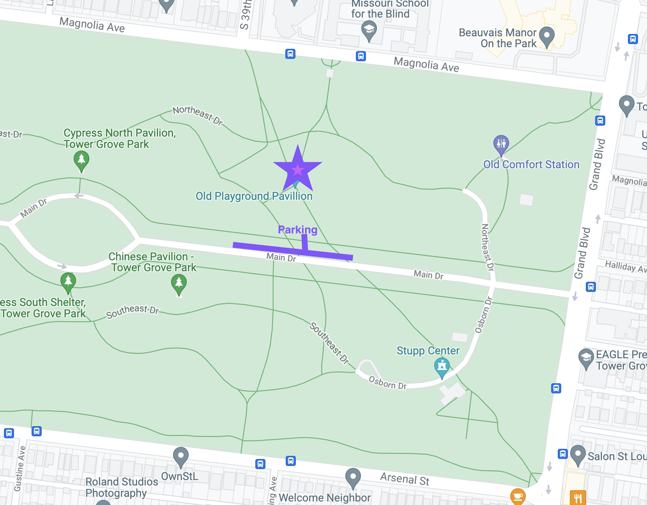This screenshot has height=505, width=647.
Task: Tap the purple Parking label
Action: coord(297,230)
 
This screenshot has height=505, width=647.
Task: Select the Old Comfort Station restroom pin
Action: coord(501,144)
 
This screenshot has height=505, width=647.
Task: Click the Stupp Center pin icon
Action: coord(442,366)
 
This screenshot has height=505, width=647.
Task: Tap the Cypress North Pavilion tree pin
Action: coord(81,160)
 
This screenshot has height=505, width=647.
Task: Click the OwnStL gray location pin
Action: coord(180,455)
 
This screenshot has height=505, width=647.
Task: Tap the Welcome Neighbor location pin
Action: coord(353,477)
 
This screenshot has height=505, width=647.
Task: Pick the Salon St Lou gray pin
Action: coord(578,454)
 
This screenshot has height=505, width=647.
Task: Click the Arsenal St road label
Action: coord(405,479)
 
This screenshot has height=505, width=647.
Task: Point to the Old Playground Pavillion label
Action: coord(254,196)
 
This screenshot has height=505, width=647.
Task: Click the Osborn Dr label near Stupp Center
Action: coord(387,383)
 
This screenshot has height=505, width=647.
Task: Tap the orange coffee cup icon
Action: coord(518,496)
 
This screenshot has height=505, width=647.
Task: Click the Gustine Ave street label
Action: coord(20,468)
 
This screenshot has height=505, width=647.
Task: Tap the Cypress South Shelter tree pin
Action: coord(68,282)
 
